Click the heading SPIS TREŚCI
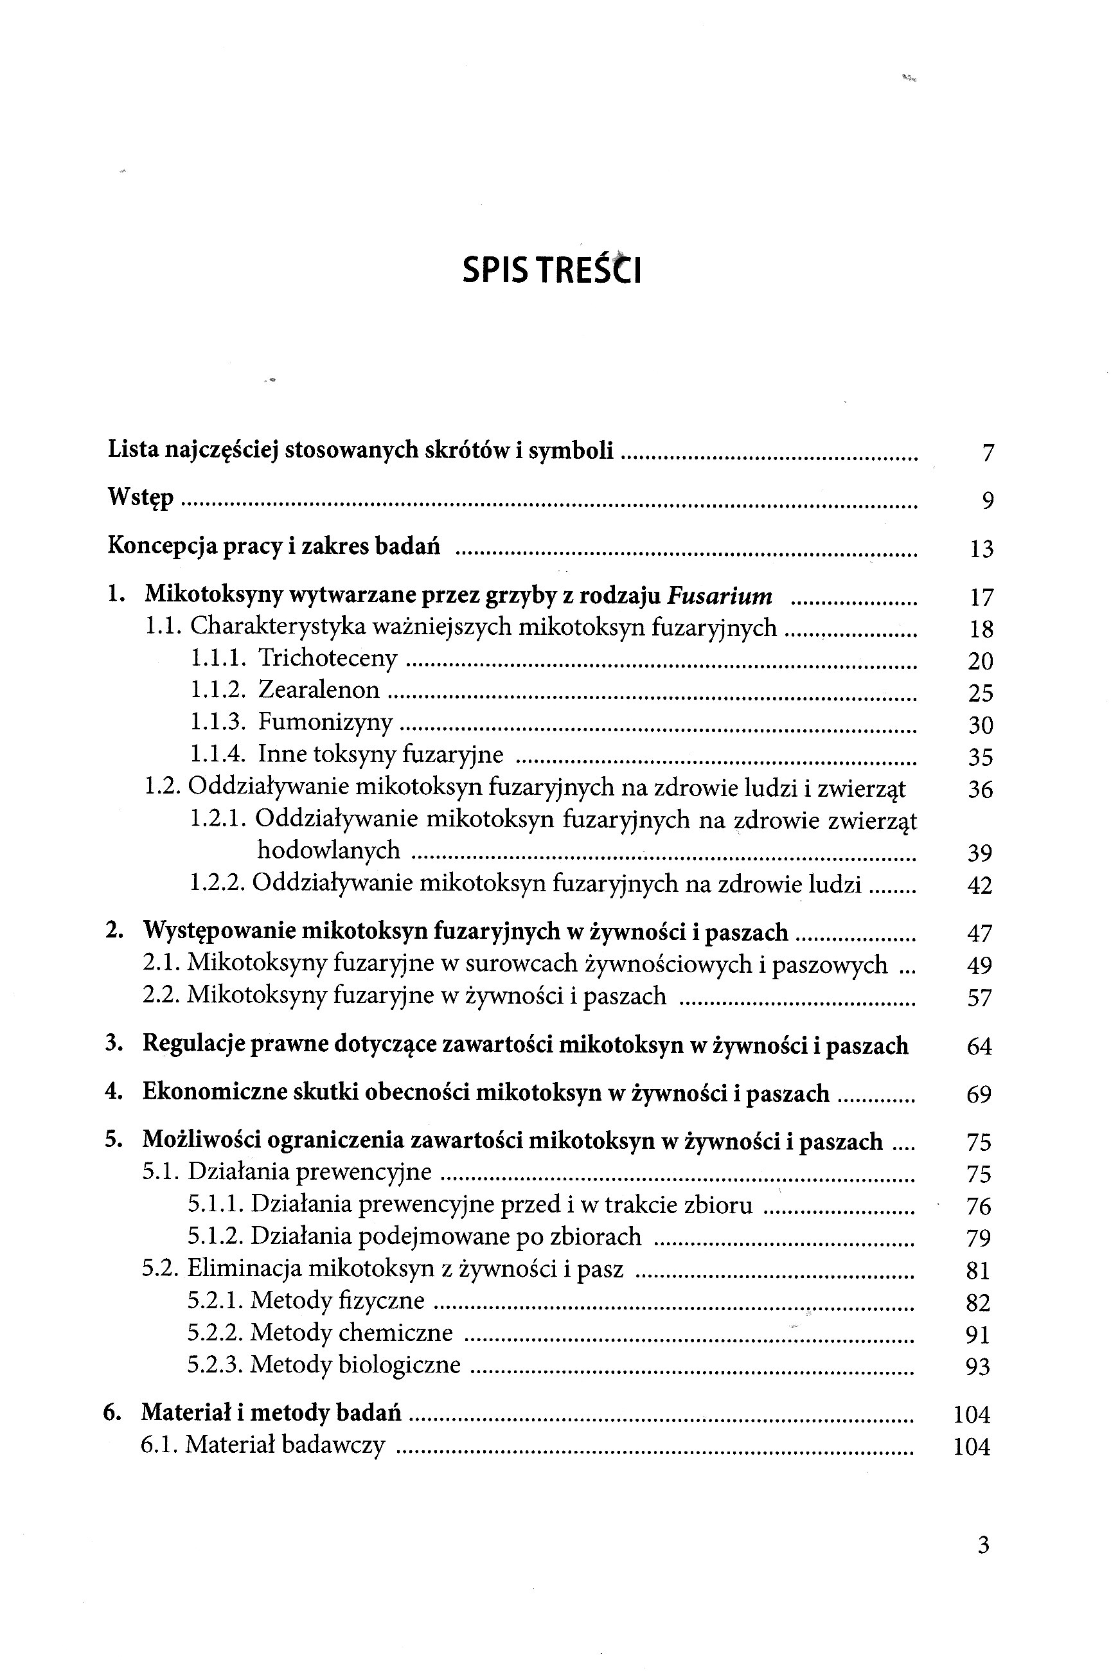(551, 269)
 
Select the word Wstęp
(140, 497)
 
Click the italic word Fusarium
(719, 596)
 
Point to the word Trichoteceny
(327, 658)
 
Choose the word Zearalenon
(318, 689)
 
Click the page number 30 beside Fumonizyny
(981, 725)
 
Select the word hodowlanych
(328, 850)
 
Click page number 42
(980, 885)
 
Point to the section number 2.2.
(163, 995)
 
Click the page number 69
(979, 1094)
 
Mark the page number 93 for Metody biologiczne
(978, 1365)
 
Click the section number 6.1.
(160, 1444)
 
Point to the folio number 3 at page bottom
(982, 1545)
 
